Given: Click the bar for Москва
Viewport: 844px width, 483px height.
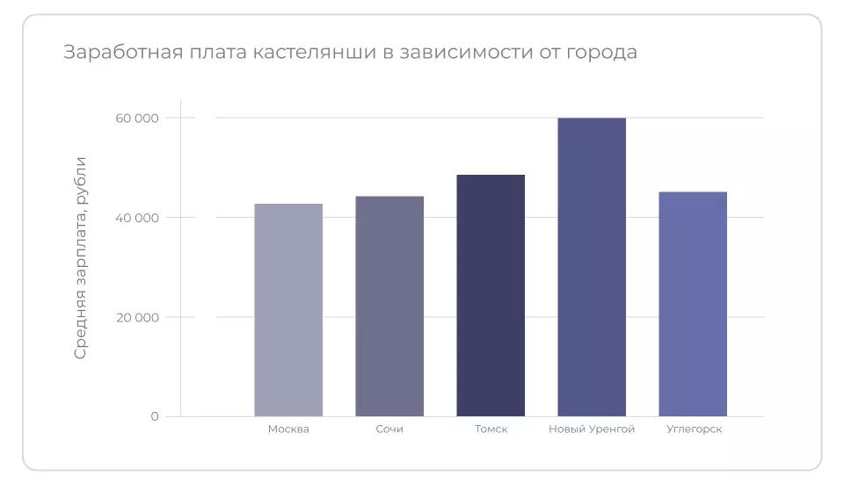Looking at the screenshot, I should pyautogui.click(x=288, y=310).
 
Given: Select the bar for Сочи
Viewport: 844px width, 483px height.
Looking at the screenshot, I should pyautogui.click(x=389, y=306).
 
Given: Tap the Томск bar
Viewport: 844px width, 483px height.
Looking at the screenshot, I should pyautogui.click(x=491, y=295).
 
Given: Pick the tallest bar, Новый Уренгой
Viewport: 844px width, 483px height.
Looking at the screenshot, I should pyautogui.click(x=592, y=267).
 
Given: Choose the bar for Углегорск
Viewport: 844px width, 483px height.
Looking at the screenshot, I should pyautogui.click(x=693, y=304).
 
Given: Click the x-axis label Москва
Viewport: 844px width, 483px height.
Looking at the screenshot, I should pyautogui.click(x=288, y=429).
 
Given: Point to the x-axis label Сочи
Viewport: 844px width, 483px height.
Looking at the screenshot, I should pyautogui.click(x=389, y=429).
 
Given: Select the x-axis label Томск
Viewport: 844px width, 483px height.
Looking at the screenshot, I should pyautogui.click(x=491, y=429).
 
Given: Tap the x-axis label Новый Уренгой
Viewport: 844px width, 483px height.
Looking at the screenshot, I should pyautogui.click(x=592, y=429).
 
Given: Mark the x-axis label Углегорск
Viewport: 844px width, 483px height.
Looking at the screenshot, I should pyautogui.click(x=693, y=429).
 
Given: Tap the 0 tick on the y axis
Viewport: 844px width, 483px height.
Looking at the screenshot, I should pyautogui.click(x=155, y=416).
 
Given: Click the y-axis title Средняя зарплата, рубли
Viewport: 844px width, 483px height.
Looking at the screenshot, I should pyautogui.click(x=81, y=257).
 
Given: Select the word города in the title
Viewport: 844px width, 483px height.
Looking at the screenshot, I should pyautogui.click(x=603, y=54).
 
